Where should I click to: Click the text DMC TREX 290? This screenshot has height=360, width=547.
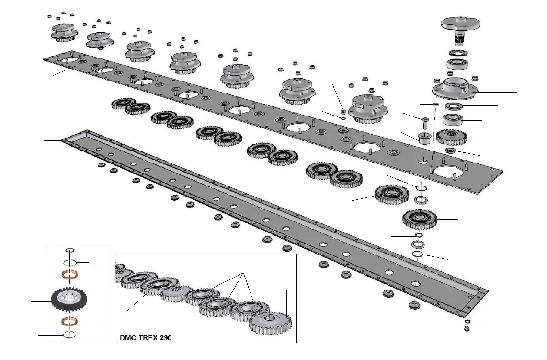coord(145,337)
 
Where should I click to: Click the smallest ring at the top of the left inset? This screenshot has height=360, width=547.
coord(70,250)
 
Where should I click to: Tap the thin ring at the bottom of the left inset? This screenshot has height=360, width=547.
coord(70,335)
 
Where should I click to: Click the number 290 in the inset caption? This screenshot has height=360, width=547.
coord(164,337)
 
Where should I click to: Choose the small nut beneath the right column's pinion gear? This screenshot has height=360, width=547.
coord(450,151)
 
